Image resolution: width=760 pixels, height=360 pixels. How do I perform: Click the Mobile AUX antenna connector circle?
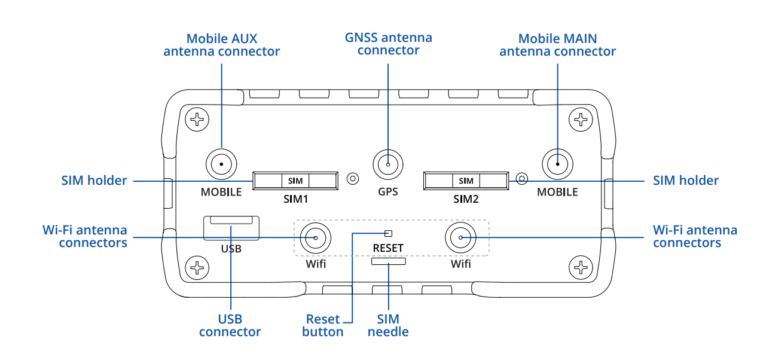tap(221, 163)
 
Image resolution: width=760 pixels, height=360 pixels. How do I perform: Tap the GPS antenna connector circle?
tap(388, 163)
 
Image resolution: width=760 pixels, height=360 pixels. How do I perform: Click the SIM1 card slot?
tap(295, 180)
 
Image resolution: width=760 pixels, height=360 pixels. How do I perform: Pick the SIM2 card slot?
tap(466, 180)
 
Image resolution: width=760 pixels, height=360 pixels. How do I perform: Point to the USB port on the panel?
tap(231, 228)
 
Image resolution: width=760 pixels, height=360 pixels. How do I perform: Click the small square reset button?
tap(388, 233)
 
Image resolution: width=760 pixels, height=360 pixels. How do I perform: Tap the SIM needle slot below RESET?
tap(388, 261)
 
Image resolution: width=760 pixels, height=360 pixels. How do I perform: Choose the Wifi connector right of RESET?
tap(460, 238)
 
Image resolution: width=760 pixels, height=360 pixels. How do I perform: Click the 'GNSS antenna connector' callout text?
tap(389, 44)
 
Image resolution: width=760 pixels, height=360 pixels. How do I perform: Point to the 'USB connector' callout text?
tap(230, 325)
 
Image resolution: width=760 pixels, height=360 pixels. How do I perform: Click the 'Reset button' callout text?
tap(323, 325)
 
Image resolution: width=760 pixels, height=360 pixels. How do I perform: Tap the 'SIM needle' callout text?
tap(388, 325)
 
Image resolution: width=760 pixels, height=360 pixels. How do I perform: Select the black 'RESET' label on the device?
tap(388, 248)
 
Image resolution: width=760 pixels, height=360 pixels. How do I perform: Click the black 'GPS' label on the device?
tap(388, 192)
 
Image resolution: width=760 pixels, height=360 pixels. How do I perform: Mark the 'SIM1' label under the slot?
tap(295, 199)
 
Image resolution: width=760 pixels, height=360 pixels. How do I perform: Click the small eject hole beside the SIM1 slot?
tap(353, 178)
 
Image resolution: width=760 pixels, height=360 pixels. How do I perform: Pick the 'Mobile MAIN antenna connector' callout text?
tap(557, 45)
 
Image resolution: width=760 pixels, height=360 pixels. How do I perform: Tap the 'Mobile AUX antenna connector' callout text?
tap(221, 45)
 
